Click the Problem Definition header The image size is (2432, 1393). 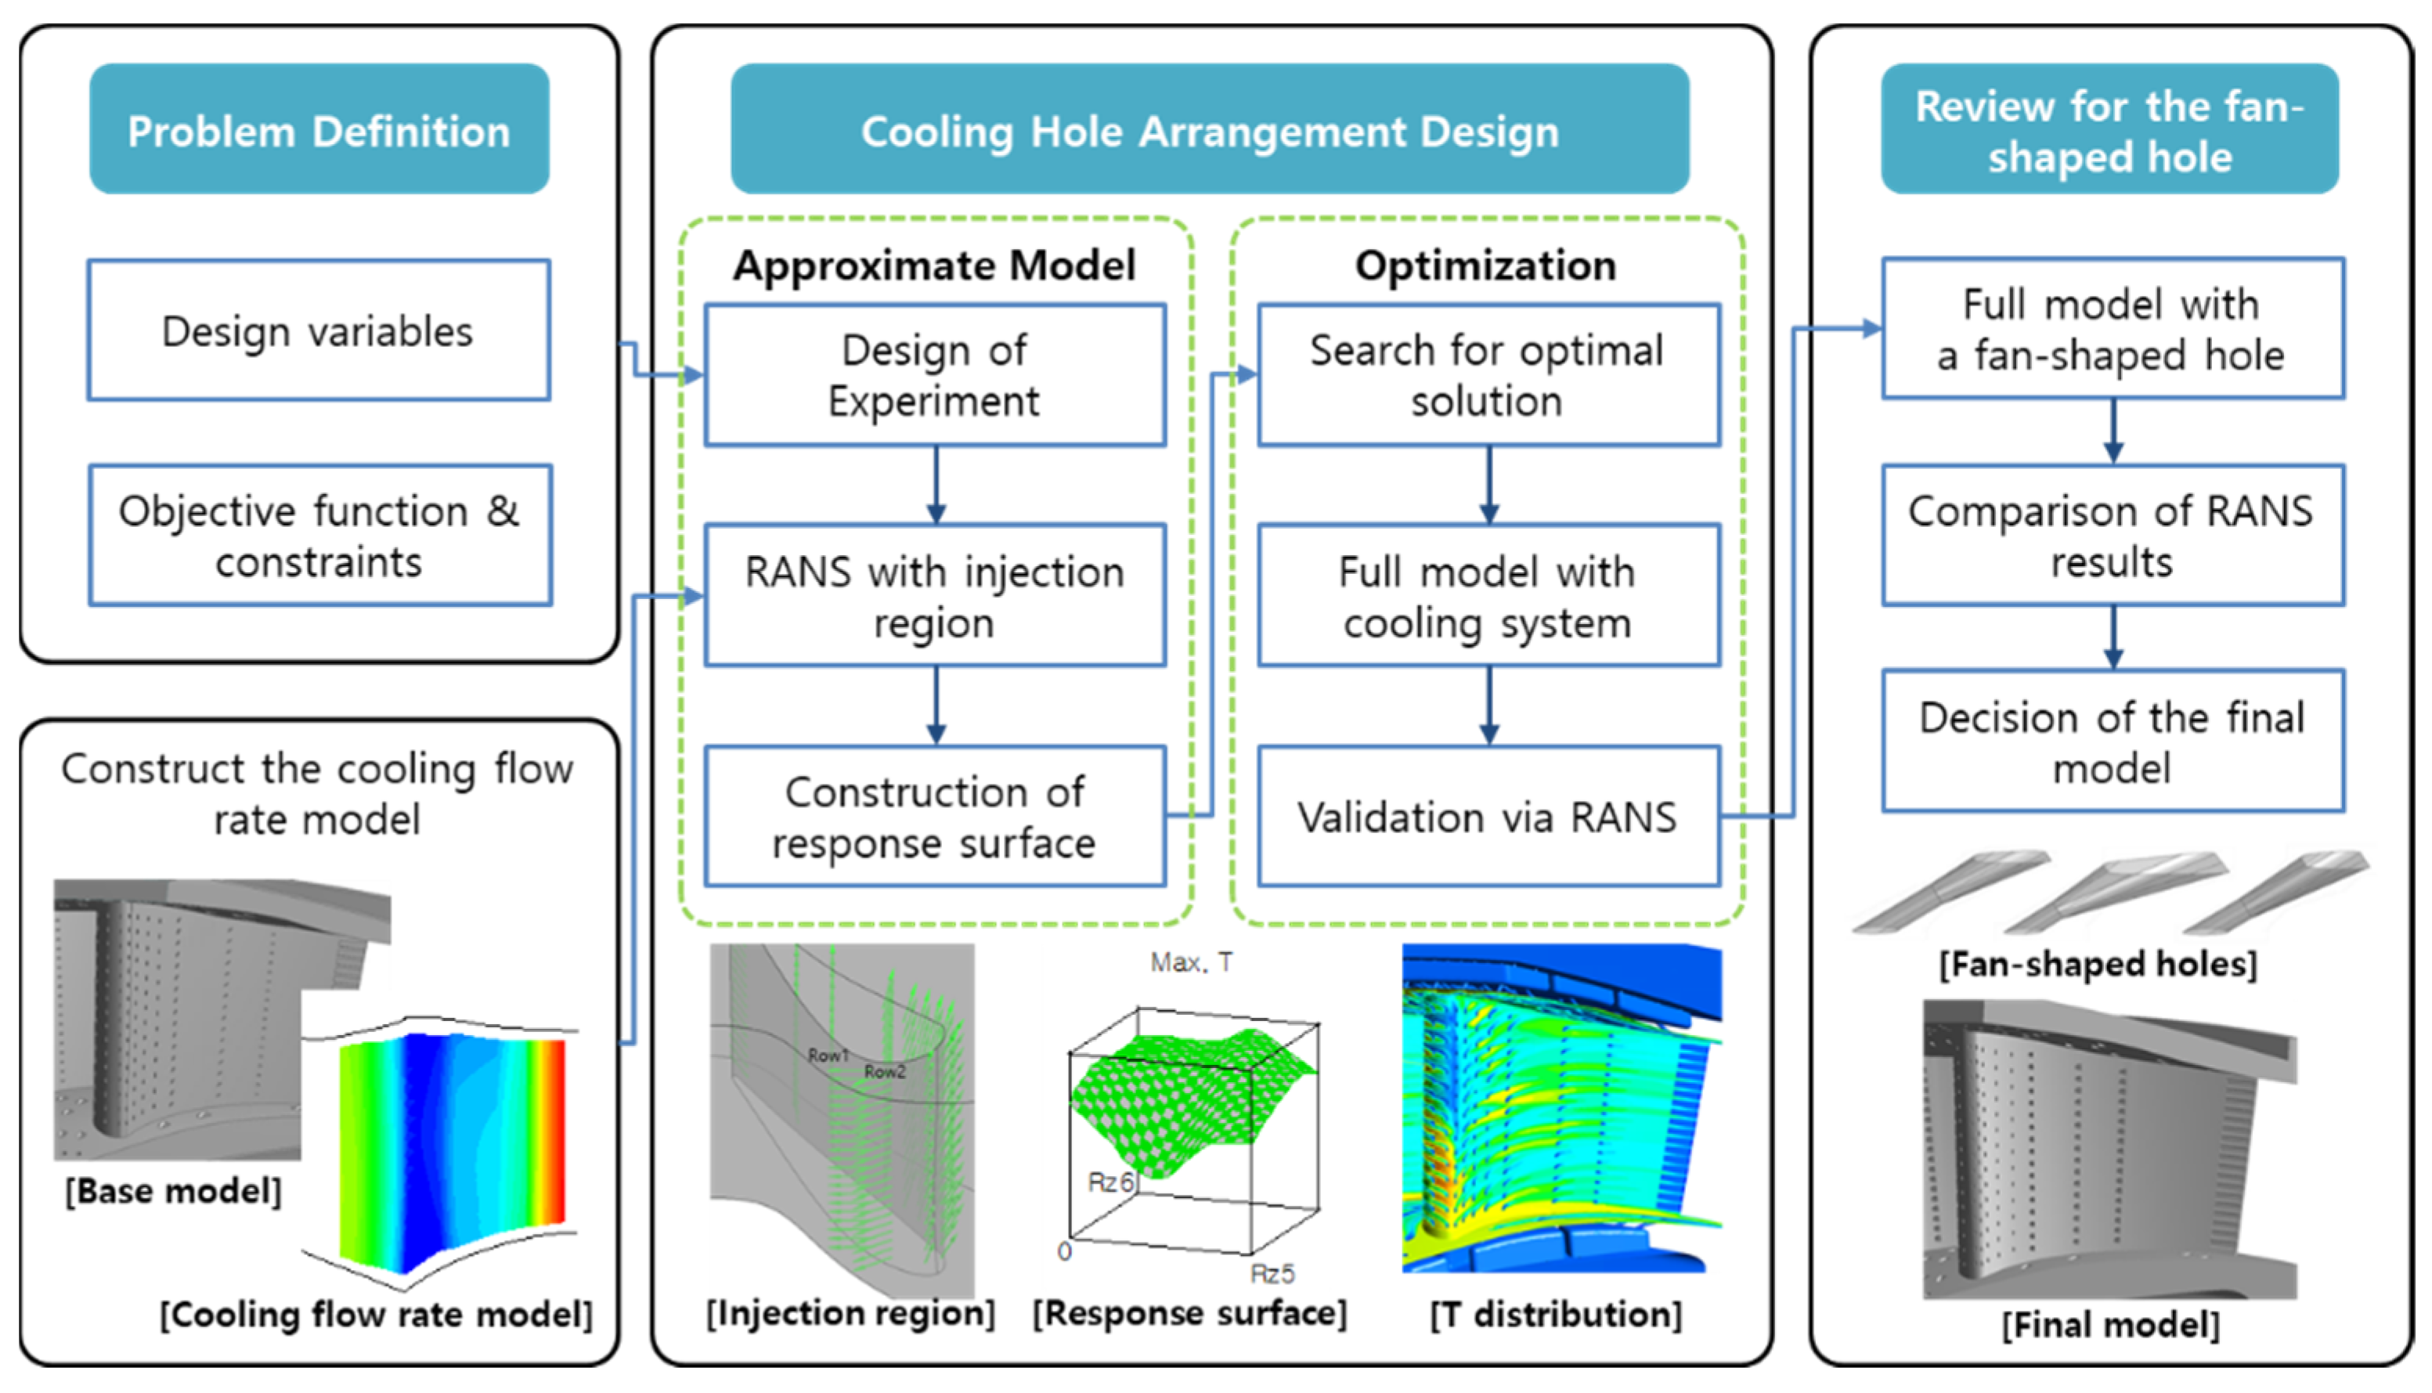pos(319,130)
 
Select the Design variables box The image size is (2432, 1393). pos(319,330)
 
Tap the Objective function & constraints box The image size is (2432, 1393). pos(319,536)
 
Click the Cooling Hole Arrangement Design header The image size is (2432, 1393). pos(1209,130)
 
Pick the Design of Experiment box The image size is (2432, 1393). pos(935,375)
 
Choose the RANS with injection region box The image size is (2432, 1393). pos(935,596)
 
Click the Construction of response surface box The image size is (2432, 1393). pos(935,817)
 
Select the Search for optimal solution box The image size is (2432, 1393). pos(1488,375)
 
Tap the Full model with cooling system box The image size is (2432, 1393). pos(1488,596)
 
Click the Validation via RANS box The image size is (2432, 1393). pos(1488,817)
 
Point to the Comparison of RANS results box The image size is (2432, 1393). pos(2113,536)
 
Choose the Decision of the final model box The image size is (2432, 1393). pos(2113,742)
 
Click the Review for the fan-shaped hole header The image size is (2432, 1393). pos(2109,130)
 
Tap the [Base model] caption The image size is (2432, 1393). pos(173,1191)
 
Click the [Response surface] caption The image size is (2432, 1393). pos(1189,1312)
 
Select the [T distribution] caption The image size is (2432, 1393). pos(1556,1314)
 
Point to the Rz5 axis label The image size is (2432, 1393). pos(1272,1273)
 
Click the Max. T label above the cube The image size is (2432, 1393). pos(1191,962)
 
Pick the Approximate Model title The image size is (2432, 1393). pos(935,265)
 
